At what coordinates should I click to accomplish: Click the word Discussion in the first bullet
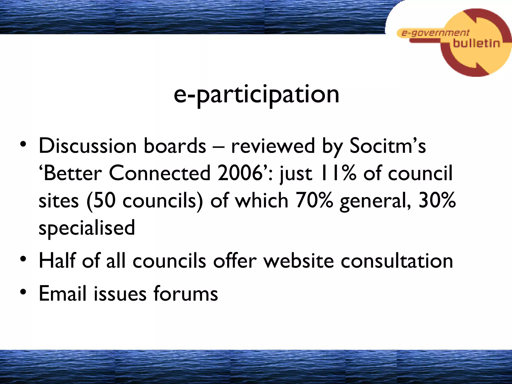(87, 146)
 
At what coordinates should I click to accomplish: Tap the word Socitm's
(387, 146)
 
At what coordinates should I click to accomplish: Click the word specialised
(87, 228)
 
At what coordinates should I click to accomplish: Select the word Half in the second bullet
(57, 261)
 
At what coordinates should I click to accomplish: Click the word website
(299, 261)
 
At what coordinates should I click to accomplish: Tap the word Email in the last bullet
(62, 293)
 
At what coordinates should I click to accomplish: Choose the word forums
(185, 293)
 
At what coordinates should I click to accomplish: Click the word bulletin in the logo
(476, 43)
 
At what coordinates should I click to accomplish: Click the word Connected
(160, 173)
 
